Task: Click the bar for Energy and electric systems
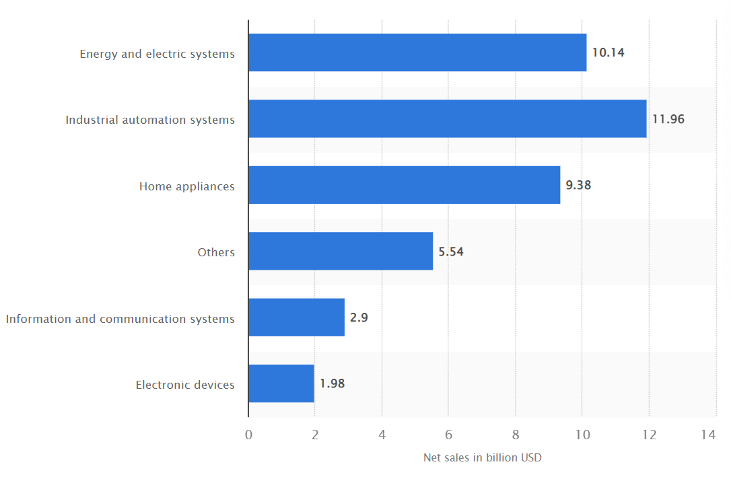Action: coord(417,52)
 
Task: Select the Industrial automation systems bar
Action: coord(448,119)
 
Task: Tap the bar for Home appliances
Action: coord(405,185)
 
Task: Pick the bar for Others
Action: coord(341,252)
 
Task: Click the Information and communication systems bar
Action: coord(296,318)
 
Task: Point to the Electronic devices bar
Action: coord(281,383)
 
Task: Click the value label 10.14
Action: coord(608,52)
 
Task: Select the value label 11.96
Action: coord(668,119)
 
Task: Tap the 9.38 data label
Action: coord(578,185)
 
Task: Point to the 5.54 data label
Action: coord(451,252)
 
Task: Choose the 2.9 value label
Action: coord(359,318)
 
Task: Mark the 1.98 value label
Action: coord(332,383)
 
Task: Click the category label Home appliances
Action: coord(187,186)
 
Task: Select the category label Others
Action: coord(216,252)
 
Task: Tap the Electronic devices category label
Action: coord(185,385)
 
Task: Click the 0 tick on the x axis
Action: coord(248,435)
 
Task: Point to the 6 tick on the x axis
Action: coord(449,435)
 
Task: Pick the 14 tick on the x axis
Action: coord(708,435)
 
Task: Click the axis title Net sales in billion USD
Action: coord(483,458)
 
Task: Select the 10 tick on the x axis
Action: coord(582,435)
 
